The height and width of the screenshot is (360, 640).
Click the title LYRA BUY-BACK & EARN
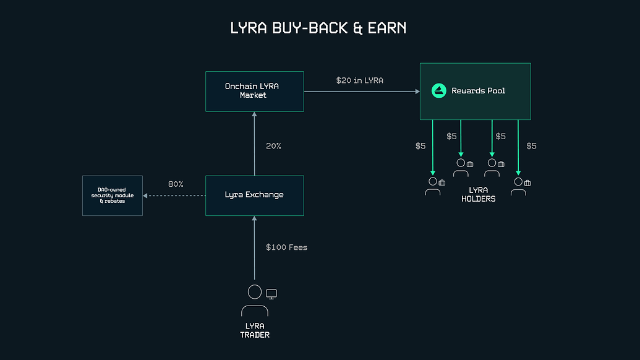click(318, 28)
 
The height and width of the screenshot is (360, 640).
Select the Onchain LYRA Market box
click(254, 91)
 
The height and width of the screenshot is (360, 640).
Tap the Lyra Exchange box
click(254, 195)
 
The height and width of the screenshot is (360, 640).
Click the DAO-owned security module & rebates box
click(112, 195)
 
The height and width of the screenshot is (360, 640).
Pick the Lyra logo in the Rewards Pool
click(439, 91)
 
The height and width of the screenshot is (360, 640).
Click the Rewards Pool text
click(478, 91)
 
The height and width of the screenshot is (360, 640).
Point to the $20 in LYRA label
click(361, 80)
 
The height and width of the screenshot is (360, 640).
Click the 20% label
click(274, 146)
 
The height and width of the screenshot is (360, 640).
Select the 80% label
click(176, 184)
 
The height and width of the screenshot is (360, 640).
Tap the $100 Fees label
click(286, 247)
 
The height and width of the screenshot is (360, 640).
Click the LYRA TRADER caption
click(254, 330)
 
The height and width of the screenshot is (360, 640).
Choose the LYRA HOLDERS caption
click(478, 194)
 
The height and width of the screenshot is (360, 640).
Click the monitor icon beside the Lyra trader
click(271, 294)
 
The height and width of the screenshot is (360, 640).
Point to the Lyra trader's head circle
click(254, 291)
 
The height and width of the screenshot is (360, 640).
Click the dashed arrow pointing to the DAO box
click(174, 195)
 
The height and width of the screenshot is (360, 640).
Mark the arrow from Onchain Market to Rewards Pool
click(361, 92)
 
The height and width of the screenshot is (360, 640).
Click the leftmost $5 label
click(420, 146)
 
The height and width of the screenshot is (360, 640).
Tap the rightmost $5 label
click(531, 146)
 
